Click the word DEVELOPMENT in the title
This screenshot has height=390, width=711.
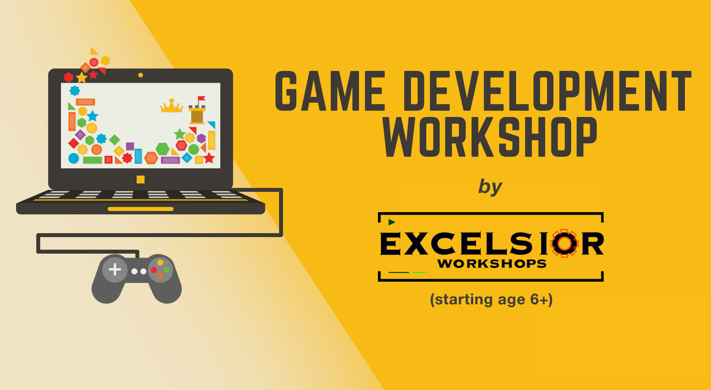pyautogui.click(x=549, y=91)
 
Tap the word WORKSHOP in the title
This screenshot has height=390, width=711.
pyautogui.click(x=490, y=137)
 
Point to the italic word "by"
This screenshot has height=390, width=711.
pyautogui.click(x=490, y=186)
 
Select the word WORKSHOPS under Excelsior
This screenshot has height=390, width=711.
pyautogui.click(x=492, y=264)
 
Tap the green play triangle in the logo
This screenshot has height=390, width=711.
pyautogui.click(x=392, y=222)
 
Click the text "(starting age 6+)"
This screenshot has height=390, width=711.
pyautogui.click(x=491, y=300)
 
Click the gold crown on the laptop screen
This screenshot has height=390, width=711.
pyautogui.click(x=171, y=106)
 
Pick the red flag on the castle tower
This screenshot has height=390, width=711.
pyautogui.click(x=201, y=98)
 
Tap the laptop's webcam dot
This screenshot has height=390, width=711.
pyautogui.click(x=140, y=75)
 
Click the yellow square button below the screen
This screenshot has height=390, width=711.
pyautogui.click(x=141, y=179)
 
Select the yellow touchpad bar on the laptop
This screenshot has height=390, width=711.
pyautogui.click(x=141, y=209)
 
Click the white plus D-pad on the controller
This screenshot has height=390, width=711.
pyautogui.click(x=114, y=270)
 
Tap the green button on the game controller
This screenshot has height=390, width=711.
pyautogui.click(x=166, y=270)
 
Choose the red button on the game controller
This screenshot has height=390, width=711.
pyautogui.click(x=154, y=270)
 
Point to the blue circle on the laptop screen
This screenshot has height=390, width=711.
pyautogui.click(x=74, y=158)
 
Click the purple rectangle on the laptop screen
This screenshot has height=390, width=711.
pyautogui.click(x=170, y=160)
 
